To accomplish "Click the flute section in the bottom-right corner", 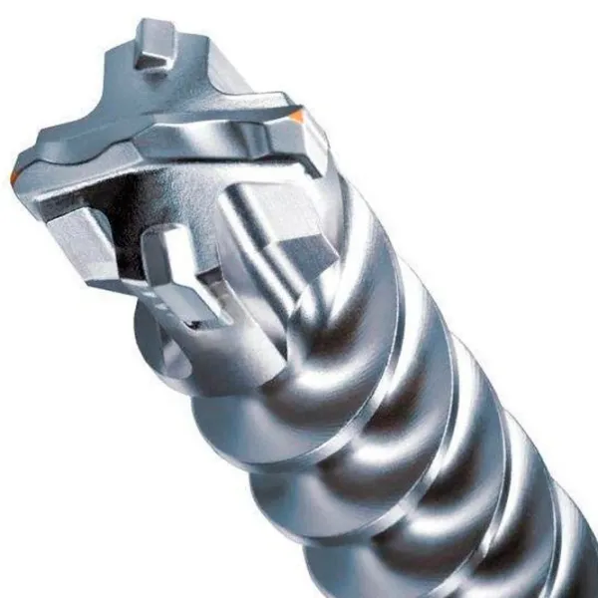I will (558, 558).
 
